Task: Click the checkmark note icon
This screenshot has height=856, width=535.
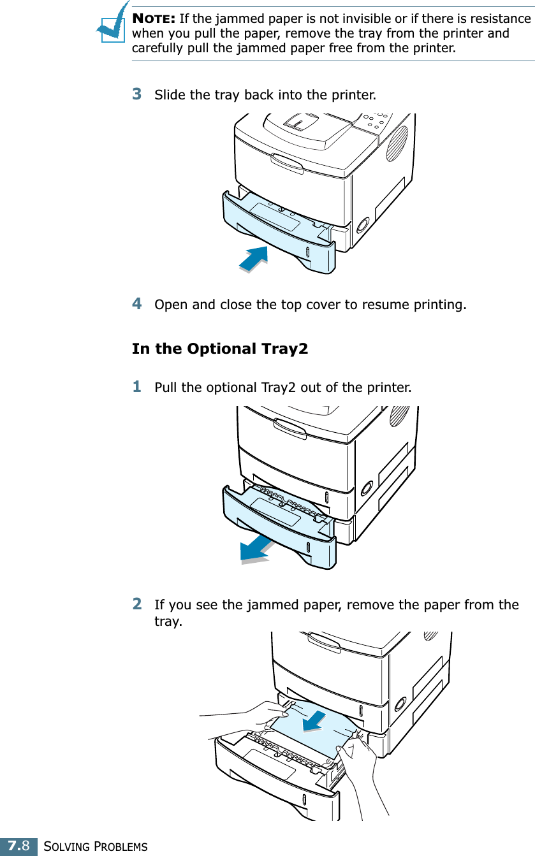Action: [x=112, y=24]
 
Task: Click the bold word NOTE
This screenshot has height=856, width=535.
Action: [x=154, y=18]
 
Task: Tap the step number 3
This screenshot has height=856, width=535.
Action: [x=136, y=94]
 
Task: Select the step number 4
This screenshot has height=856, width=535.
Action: [x=136, y=303]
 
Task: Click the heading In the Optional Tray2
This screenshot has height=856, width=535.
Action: [x=219, y=349]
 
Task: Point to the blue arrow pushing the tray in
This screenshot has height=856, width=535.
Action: [x=254, y=258]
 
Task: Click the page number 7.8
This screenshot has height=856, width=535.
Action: [x=18, y=846]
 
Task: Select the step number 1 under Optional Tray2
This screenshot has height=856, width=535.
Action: [x=136, y=386]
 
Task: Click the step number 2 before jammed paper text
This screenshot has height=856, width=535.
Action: [x=136, y=603]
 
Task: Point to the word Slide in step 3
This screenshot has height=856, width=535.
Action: [x=170, y=96]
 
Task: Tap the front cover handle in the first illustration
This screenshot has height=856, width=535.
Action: [x=288, y=163]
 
